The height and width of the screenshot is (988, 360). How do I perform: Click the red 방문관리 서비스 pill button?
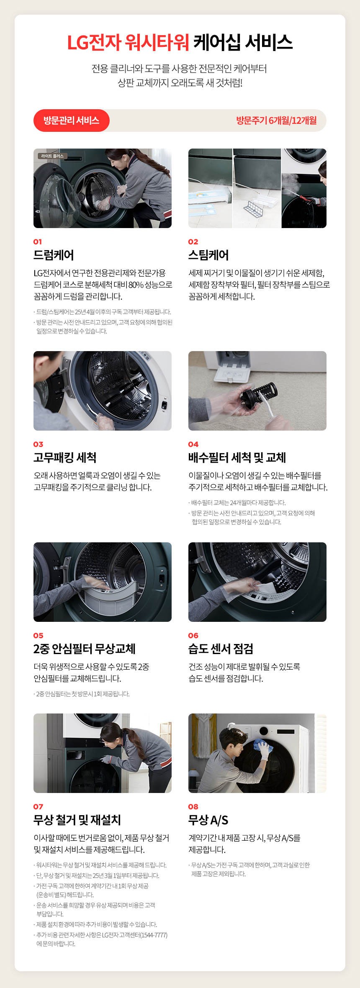72,121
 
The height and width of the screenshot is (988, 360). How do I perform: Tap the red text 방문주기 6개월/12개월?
276,121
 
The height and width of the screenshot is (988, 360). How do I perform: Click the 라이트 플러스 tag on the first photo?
52,156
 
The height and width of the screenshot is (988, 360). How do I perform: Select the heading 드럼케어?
54,255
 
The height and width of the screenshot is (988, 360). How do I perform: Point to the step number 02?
193,241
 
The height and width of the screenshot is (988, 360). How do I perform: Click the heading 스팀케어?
208,255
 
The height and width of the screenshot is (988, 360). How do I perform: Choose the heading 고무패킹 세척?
65,457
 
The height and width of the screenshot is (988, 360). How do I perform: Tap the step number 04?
193,444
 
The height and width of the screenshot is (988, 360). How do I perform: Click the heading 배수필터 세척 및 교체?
237,457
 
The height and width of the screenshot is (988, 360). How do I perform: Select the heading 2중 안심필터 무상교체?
85,649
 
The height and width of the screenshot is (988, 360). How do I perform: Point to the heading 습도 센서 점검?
221,649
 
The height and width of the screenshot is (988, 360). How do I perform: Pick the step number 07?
38,806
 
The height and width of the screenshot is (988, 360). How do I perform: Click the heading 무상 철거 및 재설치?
77,820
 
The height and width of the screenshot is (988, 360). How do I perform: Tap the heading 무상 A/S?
208,820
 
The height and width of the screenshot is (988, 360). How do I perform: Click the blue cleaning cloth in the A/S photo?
262,745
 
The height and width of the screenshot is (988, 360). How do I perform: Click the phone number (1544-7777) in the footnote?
153,935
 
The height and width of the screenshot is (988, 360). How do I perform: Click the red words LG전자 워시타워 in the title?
128,42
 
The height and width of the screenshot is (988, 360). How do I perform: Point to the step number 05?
38,635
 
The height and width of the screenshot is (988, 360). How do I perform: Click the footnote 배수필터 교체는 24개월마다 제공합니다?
239,503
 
